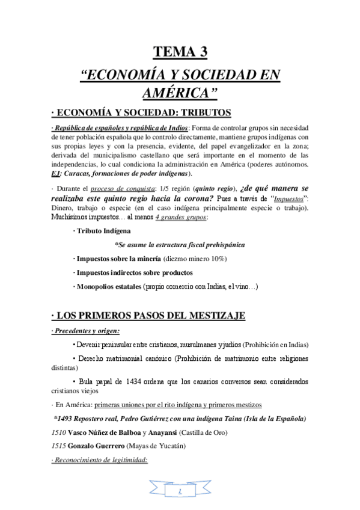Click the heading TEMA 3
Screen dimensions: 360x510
tap(180, 53)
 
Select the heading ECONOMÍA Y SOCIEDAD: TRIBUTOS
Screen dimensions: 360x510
tap(137, 113)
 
